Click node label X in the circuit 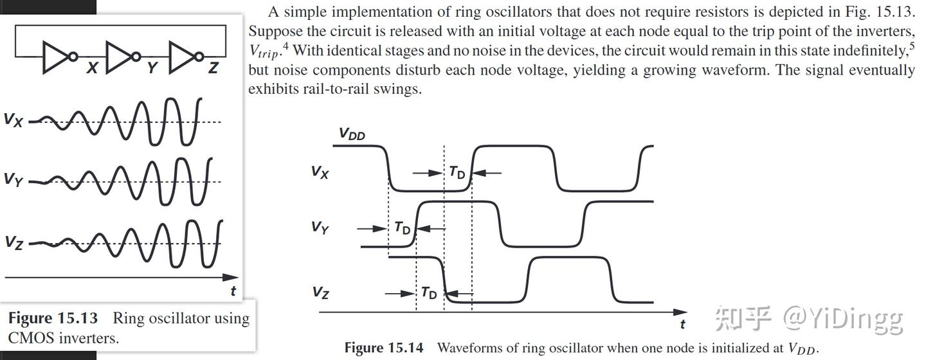click(x=93, y=67)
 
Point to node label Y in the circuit click(x=152, y=67)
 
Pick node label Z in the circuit click(x=213, y=67)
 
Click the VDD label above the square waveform click(x=352, y=134)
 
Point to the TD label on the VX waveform click(x=457, y=172)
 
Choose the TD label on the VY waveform click(x=402, y=228)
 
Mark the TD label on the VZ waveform click(x=429, y=293)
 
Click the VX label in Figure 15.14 click(x=320, y=172)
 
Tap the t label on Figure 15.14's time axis click(x=682, y=323)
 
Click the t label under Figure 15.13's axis click(x=233, y=291)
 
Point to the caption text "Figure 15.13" click(x=53, y=318)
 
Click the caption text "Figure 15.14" click(x=384, y=348)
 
